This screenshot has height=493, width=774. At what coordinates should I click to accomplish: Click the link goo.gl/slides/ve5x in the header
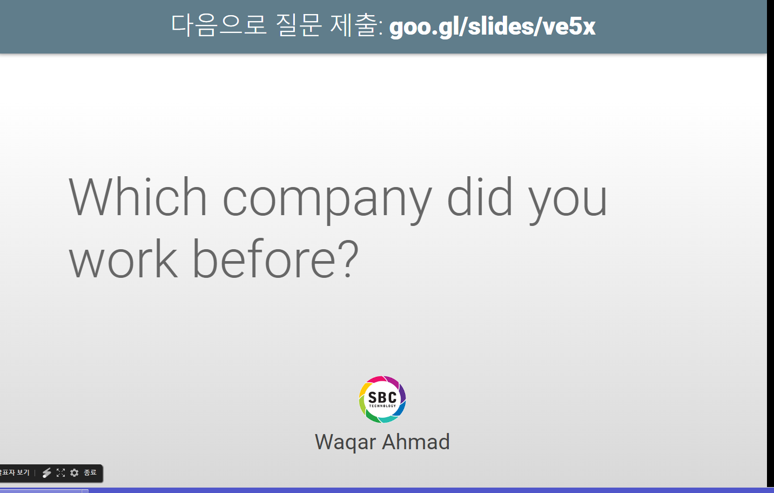tap(492, 27)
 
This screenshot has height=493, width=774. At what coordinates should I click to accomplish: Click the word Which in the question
tap(138, 197)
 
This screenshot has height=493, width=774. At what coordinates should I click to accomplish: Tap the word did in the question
tap(479, 197)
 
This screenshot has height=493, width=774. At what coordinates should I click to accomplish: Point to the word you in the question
tap(568, 202)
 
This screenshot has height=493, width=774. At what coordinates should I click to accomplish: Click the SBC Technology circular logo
tap(382, 399)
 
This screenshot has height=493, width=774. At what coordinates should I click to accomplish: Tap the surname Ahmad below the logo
tap(416, 442)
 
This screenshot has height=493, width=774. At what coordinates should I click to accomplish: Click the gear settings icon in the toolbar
tap(75, 472)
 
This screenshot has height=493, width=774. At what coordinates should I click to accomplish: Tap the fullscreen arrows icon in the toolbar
tap(61, 472)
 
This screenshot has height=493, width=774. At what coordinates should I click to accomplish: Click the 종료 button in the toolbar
tap(90, 472)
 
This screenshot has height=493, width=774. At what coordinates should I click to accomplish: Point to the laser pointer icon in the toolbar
tap(46, 472)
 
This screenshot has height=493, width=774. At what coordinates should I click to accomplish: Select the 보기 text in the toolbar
tap(23, 472)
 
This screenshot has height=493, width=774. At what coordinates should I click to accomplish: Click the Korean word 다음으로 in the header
tap(219, 25)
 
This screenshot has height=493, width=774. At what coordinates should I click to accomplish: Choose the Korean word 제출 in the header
tap(354, 25)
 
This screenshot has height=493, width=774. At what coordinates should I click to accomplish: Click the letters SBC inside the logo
tap(382, 397)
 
